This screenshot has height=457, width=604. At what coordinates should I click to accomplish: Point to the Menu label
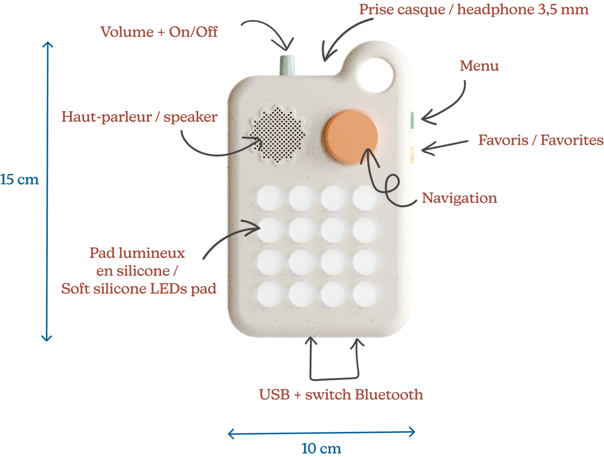(480, 66)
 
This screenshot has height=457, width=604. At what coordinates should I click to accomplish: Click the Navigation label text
(460, 199)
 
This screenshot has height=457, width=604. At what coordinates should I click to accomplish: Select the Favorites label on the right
(540, 140)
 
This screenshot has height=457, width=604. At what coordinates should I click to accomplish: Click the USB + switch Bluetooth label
(341, 395)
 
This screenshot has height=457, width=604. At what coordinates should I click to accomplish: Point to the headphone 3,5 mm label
(474, 10)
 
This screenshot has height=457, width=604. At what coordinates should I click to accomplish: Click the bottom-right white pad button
(366, 292)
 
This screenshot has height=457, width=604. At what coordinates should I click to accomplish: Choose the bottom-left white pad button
(270, 292)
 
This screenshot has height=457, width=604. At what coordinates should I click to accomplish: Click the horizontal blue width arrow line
(322, 431)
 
